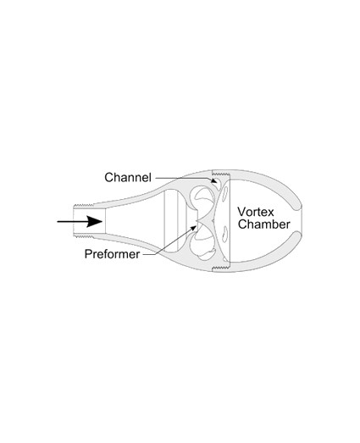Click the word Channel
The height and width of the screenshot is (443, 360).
(x=128, y=177)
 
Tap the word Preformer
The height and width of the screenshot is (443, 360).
(x=112, y=254)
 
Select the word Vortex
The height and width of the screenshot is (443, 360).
(x=256, y=212)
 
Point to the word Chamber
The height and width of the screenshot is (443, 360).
(x=264, y=224)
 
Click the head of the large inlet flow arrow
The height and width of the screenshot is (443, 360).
(x=95, y=222)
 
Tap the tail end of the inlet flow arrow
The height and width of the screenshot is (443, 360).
(x=58, y=222)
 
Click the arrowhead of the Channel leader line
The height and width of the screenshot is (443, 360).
(x=214, y=180)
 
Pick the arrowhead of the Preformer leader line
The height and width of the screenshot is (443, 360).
(x=193, y=228)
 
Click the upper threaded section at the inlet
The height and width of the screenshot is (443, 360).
(x=84, y=205)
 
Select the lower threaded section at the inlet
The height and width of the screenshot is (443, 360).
(x=84, y=236)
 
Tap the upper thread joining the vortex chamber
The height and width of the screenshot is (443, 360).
(x=221, y=172)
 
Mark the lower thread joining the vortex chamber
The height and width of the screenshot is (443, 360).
(x=221, y=268)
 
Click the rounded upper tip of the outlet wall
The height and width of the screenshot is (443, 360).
(x=296, y=206)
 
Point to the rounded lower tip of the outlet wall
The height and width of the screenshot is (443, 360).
(x=296, y=237)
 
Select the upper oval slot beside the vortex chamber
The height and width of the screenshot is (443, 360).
(x=225, y=193)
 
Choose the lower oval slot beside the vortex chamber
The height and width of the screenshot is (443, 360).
(x=225, y=234)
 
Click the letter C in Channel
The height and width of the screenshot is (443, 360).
(x=108, y=177)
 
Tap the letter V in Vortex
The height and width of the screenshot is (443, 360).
(x=241, y=212)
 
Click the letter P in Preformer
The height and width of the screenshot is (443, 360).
(x=88, y=254)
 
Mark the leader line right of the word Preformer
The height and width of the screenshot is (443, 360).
(x=169, y=242)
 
